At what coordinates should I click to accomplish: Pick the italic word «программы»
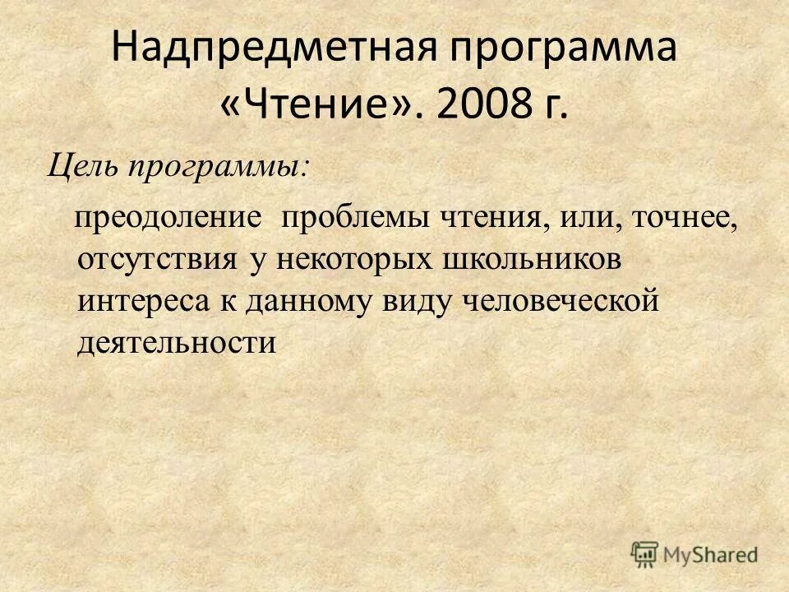(216, 166)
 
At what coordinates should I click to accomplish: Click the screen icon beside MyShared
(646, 555)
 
